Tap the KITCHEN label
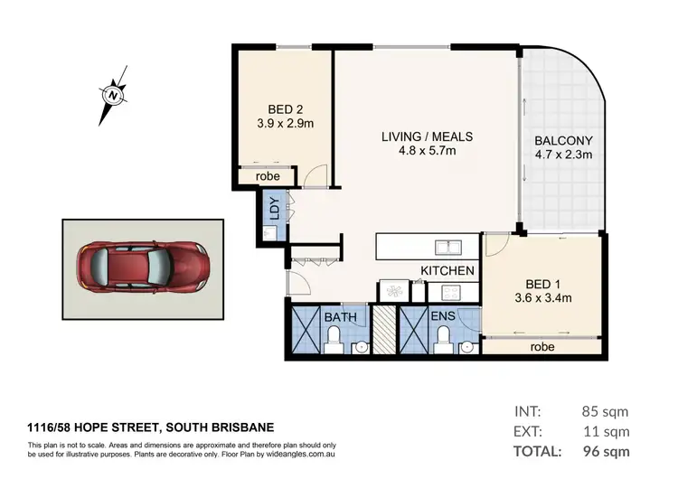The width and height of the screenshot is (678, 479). (x=447, y=270)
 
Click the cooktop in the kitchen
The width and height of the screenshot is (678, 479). (x=448, y=291)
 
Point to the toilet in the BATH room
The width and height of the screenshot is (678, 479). (x=333, y=339)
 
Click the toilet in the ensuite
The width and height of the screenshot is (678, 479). (x=443, y=339)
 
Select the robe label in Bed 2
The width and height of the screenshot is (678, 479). (x=268, y=176)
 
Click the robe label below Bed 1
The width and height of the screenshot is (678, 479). (x=541, y=346)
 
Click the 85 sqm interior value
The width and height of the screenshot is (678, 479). (x=605, y=412)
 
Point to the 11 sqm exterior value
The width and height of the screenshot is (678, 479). (x=605, y=431)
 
